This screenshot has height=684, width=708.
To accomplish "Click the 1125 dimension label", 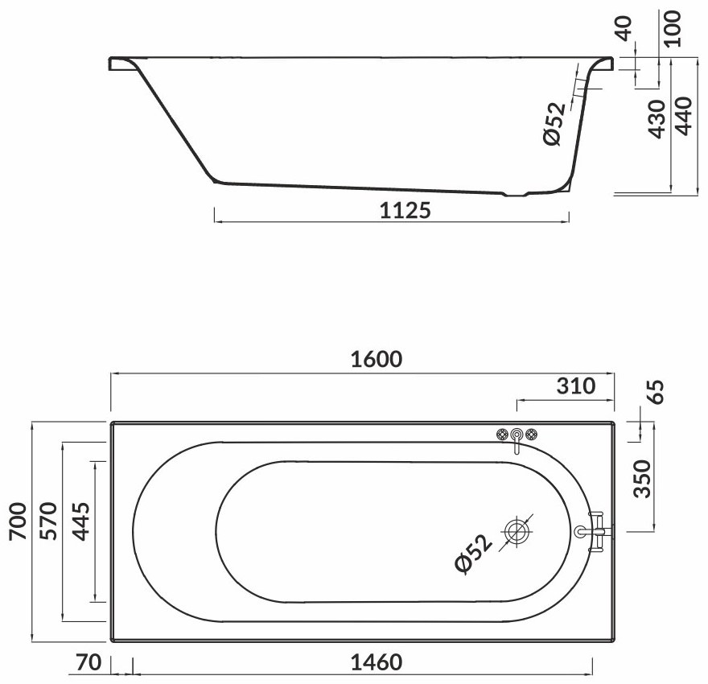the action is tap(405, 210).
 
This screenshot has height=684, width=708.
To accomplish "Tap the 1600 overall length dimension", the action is tap(377, 360).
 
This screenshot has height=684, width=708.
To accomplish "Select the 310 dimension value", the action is tap(576, 386).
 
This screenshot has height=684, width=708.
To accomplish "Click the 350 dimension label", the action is tap(643, 479).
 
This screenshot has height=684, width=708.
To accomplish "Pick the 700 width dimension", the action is tap(19, 521).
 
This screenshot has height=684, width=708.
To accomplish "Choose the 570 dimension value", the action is tap(49, 521).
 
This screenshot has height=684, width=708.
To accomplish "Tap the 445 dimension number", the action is tap(82, 521).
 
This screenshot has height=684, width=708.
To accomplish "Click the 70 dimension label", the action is tap(88, 662).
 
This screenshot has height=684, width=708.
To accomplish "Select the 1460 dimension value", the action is tap(377, 662).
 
